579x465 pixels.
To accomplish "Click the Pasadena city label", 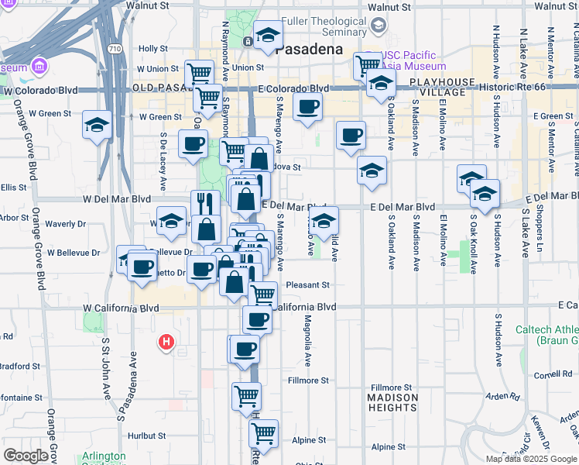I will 309,49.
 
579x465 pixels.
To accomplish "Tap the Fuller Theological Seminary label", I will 324,27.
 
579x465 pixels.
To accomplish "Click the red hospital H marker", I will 166,342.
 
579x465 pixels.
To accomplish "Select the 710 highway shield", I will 115,49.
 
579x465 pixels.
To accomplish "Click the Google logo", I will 26,456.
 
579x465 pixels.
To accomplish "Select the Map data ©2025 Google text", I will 531,459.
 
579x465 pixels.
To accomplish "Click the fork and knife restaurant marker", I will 205,204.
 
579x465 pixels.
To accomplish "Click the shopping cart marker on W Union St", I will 200,73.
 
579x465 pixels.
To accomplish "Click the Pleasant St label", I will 308,285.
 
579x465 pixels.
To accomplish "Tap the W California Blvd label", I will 121,308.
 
